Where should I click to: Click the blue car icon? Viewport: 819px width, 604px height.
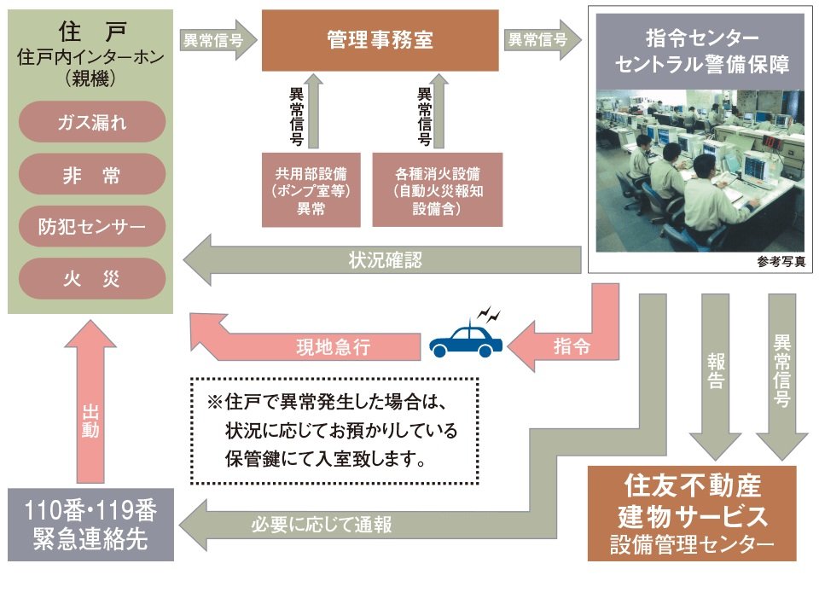466,340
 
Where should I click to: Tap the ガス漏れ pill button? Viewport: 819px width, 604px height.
91,122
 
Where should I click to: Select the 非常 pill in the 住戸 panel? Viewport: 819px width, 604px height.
91,175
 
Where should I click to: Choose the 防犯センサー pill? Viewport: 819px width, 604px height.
91,227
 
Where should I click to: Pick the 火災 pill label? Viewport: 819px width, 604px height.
91,279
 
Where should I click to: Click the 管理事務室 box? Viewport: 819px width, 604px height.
380,40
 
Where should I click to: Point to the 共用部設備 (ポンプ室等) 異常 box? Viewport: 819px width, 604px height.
311,190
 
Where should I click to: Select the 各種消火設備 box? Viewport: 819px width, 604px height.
438,190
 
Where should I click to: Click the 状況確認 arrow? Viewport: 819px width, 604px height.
384,261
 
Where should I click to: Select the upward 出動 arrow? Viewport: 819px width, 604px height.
90,409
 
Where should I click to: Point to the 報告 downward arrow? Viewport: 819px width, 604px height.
716,375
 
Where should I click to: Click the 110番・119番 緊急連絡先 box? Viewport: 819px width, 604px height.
90,524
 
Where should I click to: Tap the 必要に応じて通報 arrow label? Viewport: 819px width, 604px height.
322,524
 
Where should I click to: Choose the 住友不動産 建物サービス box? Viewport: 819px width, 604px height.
691,513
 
